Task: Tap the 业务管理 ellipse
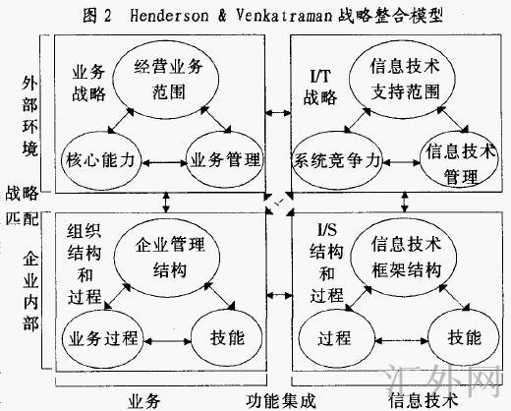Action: click(222, 159)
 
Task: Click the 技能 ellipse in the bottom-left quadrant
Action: click(221, 337)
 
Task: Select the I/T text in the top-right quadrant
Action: click(319, 76)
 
